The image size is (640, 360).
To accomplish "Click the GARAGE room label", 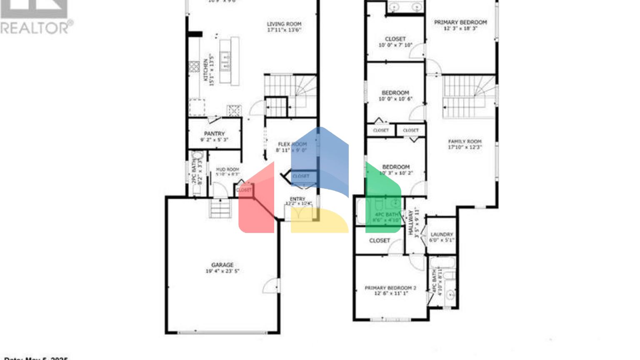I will pos(222,265).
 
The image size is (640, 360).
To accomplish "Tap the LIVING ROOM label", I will pos(284,24).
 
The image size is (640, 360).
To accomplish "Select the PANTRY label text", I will pos(215,134).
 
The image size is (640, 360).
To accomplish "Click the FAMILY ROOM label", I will pos(465,142).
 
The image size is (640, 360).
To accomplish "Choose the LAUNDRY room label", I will pos(442,235).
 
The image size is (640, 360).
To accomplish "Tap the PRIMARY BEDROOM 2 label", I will pos(390,288).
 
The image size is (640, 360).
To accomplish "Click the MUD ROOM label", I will pos(227,170).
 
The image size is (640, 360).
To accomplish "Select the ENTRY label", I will pos(297,199).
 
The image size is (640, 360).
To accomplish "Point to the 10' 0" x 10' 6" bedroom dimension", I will pos(395,99).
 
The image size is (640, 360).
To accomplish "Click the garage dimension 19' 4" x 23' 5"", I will pos(222,271).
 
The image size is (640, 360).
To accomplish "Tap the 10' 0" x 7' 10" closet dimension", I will pos(395,45).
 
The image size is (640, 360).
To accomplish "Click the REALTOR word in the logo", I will pos(35,28).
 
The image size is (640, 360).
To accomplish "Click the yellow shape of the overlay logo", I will pos(320,221).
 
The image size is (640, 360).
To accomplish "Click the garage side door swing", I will pos(272,286).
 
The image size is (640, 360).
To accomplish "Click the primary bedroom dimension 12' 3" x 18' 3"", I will pos(460,29).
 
